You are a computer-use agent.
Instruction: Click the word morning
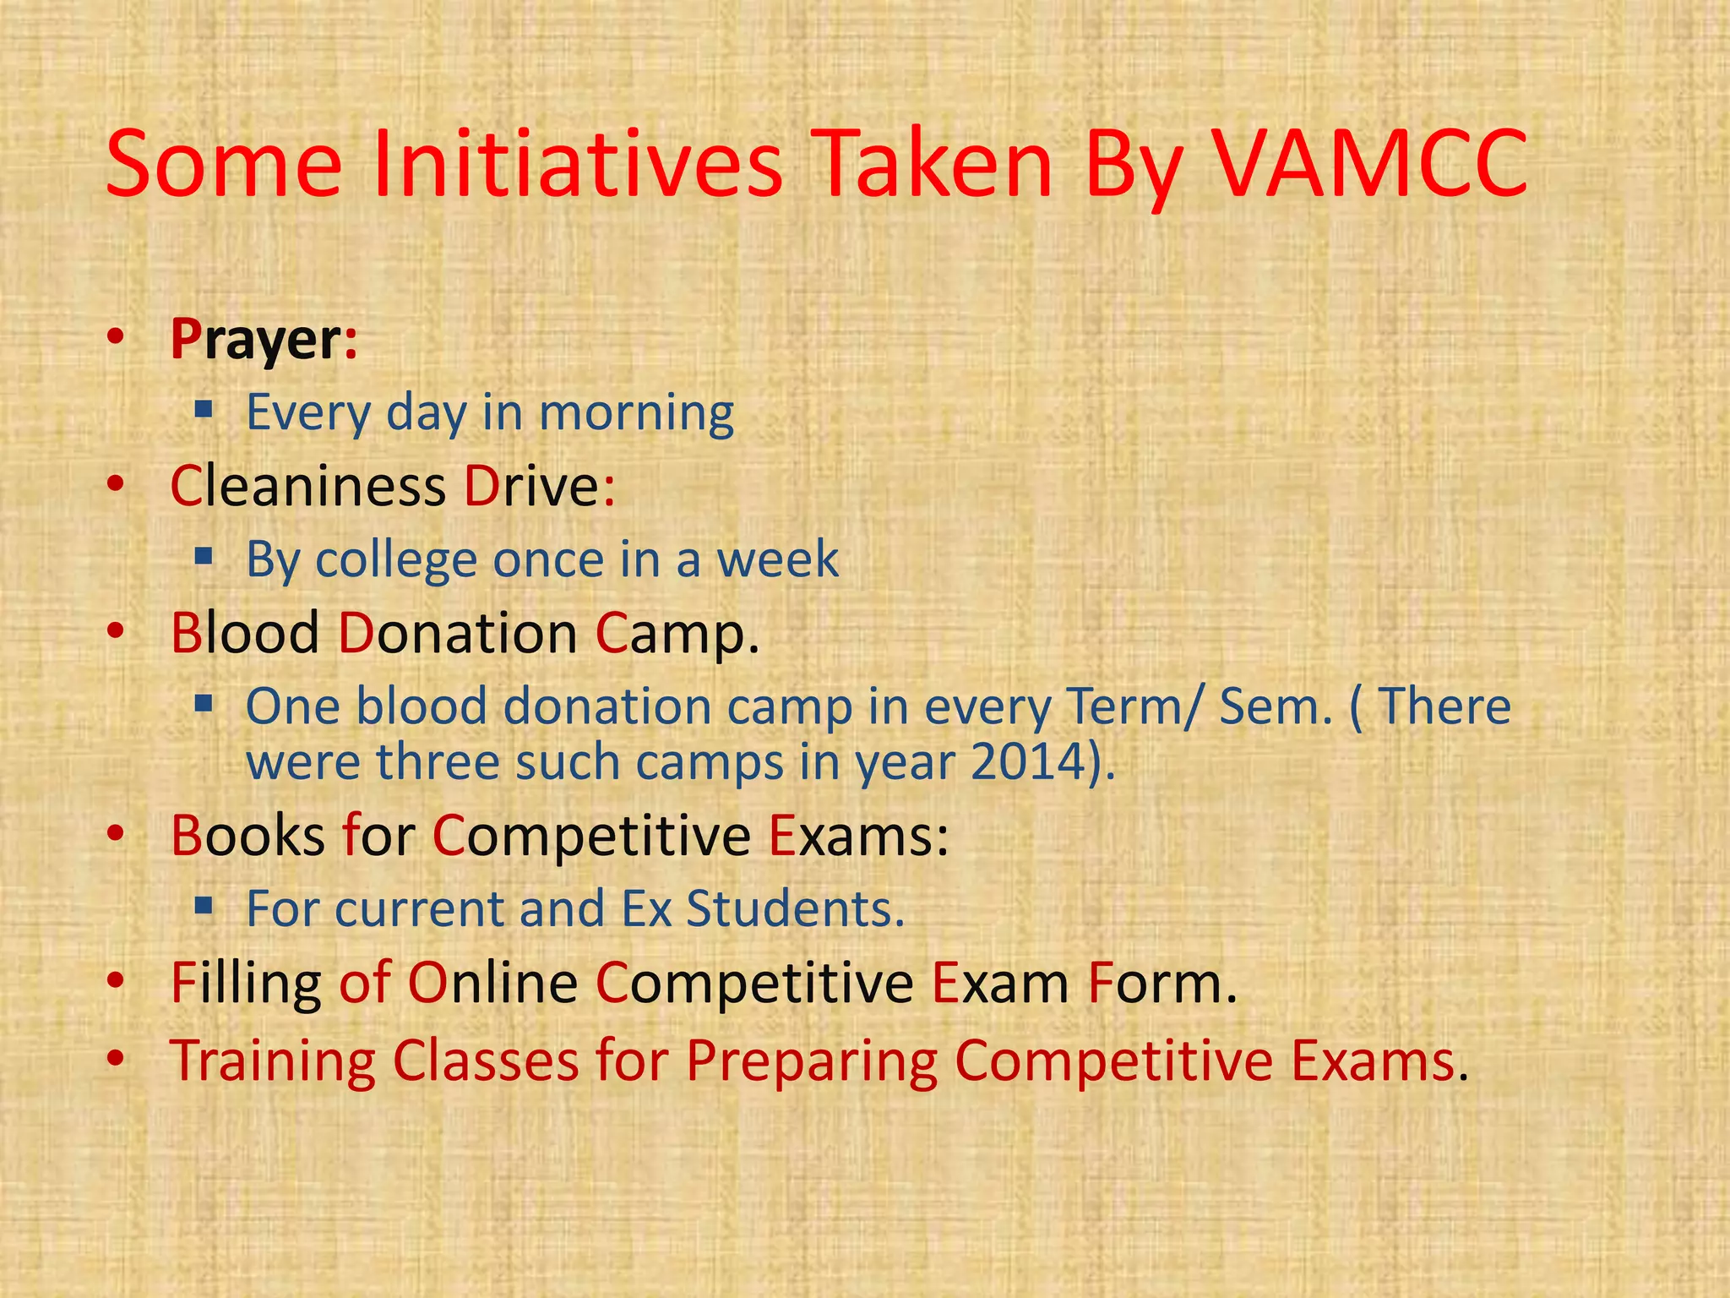(636, 414)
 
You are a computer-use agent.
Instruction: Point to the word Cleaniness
(307, 488)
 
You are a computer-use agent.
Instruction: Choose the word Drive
(531, 488)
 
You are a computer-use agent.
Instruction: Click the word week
(777, 560)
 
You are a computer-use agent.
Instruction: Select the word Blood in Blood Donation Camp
(245, 633)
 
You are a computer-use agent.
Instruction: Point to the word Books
(248, 836)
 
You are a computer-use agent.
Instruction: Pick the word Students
(794, 909)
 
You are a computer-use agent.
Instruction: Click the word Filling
(245, 983)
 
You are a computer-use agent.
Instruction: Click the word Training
(273, 1061)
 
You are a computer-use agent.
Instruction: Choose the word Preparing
(812, 1061)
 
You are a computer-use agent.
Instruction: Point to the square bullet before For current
(203, 907)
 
